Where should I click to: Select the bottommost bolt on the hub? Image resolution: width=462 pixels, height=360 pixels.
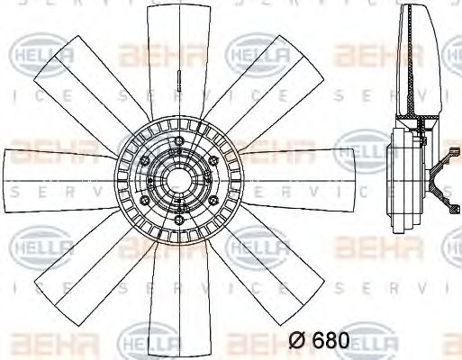pos(178,220)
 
